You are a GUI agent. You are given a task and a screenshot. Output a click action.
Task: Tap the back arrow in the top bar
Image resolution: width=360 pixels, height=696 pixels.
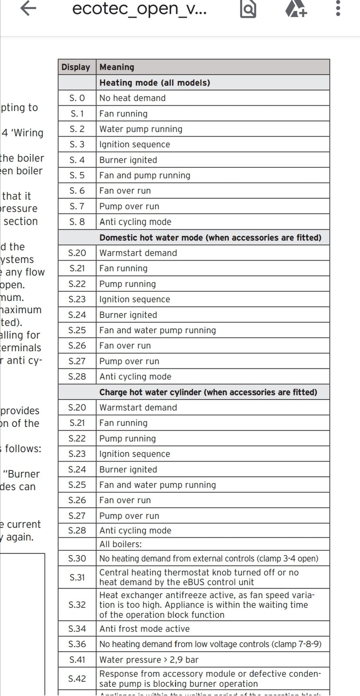click(28, 9)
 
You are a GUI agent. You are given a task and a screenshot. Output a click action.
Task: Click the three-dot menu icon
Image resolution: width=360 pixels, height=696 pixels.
click(338, 9)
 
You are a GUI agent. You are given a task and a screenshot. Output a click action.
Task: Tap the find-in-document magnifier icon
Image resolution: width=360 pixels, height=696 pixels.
click(248, 9)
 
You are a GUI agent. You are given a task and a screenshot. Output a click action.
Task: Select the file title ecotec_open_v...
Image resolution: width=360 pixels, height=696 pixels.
click(139, 9)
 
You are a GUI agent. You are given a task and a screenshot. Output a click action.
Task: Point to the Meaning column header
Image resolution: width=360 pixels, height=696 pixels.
click(117, 67)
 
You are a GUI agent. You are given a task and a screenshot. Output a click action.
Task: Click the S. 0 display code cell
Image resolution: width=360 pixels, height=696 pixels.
click(77, 98)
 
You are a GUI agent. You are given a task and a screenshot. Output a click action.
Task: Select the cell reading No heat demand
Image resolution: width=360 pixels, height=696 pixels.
click(133, 98)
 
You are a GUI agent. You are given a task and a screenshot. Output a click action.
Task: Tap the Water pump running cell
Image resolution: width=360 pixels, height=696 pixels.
click(141, 129)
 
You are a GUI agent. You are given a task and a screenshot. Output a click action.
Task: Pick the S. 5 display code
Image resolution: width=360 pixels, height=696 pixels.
click(77, 175)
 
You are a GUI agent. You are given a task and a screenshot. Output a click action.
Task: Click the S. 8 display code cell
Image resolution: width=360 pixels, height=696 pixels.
click(77, 222)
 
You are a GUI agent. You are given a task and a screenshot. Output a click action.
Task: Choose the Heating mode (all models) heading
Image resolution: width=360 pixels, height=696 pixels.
click(155, 83)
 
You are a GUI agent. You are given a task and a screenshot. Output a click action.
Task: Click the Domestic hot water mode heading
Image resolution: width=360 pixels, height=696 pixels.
click(210, 238)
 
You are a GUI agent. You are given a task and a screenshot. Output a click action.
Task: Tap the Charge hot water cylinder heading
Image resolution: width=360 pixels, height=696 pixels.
click(208, 392)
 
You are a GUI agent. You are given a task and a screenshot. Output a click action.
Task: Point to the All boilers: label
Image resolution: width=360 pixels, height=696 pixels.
click(120, 544)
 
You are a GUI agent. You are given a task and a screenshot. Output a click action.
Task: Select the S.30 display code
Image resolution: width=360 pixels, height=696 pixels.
click(77, 558)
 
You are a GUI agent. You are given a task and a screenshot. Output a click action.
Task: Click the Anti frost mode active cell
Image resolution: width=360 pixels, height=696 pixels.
click(144, 629)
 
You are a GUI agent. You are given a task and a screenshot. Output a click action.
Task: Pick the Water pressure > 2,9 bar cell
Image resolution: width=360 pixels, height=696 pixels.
click(149, 659)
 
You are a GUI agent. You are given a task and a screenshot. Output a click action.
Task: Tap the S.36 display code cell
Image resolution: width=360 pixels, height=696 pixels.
click(77, 644)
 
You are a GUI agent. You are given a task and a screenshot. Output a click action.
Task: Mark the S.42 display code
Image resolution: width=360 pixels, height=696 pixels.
click(77, 679)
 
